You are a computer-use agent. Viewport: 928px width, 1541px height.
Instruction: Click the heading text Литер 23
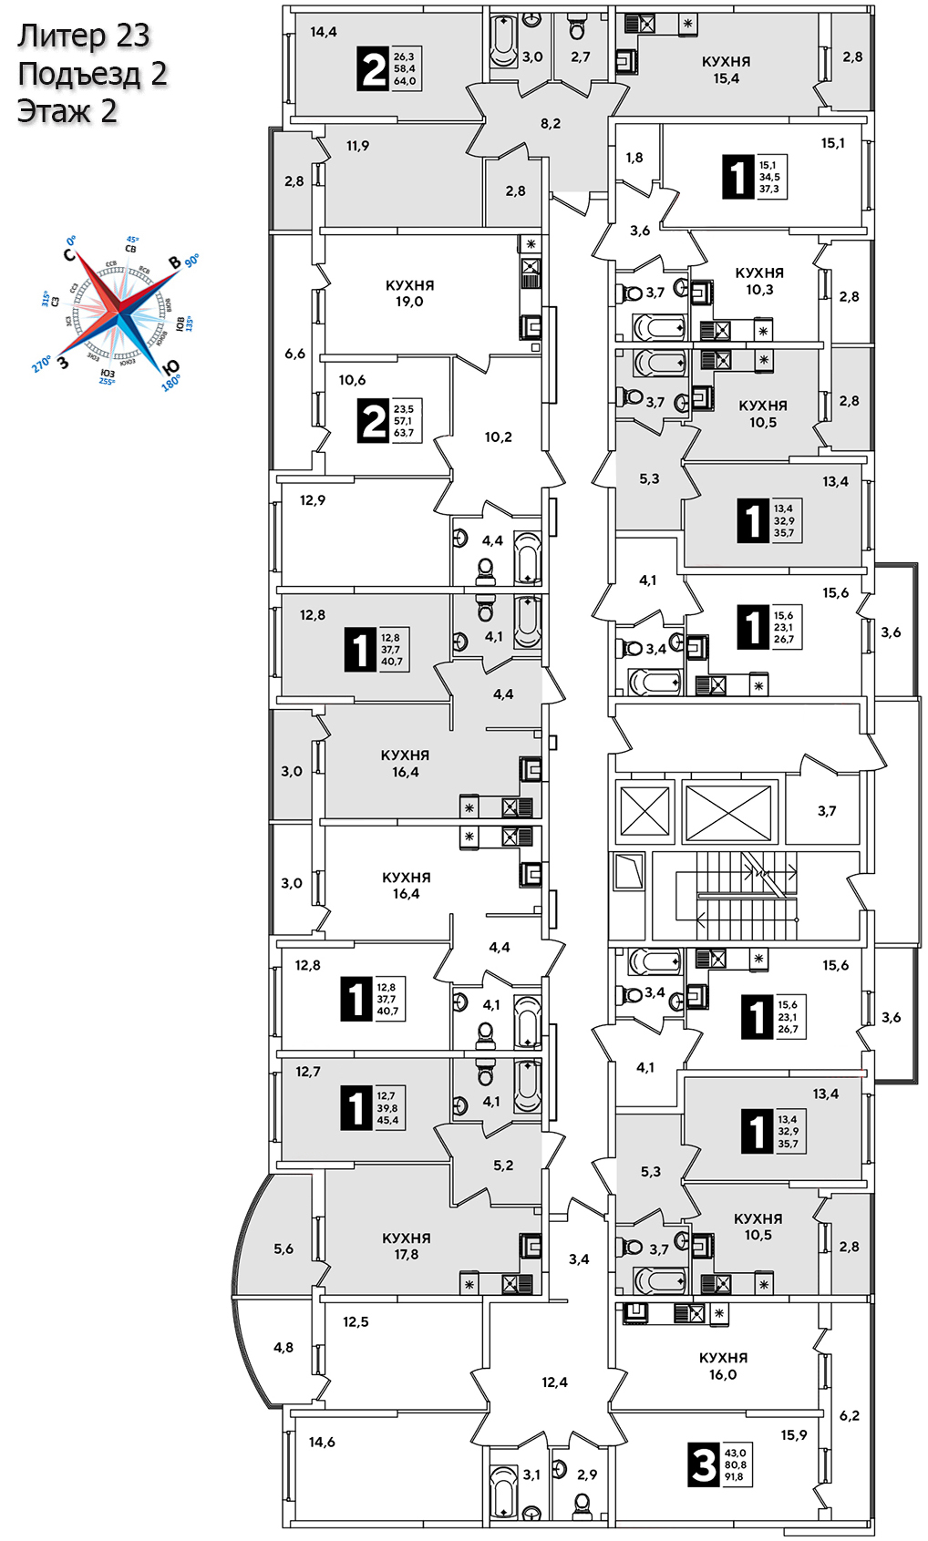point(83,36)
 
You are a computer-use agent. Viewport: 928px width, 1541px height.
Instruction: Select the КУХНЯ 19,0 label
point(409,293)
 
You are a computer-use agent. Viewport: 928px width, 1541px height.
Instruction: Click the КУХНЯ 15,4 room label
point(726,70)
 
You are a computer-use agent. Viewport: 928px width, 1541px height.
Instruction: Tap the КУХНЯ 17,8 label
point(406,1246)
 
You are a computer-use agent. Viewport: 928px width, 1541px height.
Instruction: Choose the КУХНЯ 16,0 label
point(723,1366)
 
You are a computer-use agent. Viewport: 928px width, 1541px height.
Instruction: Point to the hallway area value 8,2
point(551,124)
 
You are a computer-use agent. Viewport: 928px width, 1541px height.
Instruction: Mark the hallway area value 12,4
point(554,1382)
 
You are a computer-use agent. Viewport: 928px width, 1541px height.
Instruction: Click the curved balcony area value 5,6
point(284,1249)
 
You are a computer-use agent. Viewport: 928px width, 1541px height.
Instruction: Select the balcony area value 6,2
point(849,1416)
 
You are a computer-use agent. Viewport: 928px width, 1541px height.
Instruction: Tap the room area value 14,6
point(322,1443)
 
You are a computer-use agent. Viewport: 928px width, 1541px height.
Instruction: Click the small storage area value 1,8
point(634,158)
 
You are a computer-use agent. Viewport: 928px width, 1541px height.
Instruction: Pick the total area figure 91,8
point(734,1477)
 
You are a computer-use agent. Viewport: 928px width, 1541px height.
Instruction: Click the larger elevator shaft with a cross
point(727,810)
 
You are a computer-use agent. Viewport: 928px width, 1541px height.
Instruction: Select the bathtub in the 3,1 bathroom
point(503,1491)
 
